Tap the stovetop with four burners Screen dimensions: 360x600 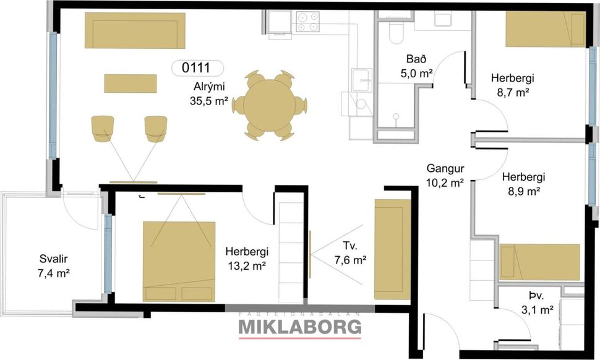307,22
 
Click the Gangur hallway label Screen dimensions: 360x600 445,169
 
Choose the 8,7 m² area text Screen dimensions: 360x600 512,92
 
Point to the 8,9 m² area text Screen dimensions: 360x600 522,191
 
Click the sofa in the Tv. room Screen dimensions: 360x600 393,249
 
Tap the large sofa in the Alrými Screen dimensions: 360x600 134,30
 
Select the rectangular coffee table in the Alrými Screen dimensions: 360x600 130,83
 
